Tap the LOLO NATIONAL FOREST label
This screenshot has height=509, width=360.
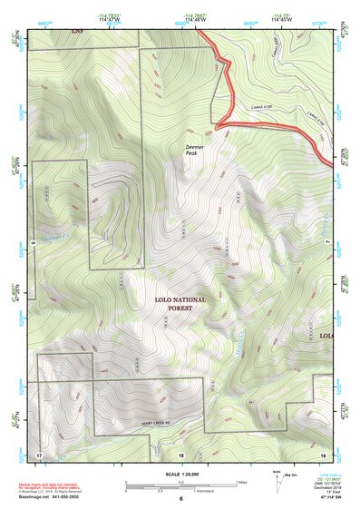(180, 304)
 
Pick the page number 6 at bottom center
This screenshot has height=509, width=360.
(180, 499)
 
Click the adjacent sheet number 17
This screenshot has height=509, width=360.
(39, 453)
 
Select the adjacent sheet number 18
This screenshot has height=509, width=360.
(180, 454)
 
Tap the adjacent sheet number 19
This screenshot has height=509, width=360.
(322, 453)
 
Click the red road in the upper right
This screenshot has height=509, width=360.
(272, 124)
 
